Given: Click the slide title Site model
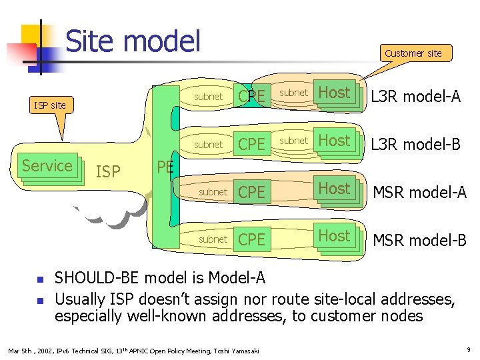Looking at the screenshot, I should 133,41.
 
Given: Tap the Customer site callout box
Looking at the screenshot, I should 413,53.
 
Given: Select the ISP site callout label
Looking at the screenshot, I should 50,105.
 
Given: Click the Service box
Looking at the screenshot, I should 47,165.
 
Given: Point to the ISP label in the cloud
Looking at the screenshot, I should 108,172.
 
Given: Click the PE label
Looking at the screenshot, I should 165,167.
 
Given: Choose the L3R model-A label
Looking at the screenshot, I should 415,97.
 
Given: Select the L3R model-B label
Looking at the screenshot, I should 415,145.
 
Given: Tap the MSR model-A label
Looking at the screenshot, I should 419,193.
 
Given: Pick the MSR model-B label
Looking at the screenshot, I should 419,240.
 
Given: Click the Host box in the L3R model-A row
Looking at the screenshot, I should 335,93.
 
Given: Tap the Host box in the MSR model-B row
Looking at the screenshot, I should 335,236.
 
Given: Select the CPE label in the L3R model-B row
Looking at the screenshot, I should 251,145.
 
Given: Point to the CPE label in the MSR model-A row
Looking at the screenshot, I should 251,193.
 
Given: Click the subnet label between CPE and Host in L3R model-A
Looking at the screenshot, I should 293,93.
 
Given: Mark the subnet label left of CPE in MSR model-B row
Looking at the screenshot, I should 213,239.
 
